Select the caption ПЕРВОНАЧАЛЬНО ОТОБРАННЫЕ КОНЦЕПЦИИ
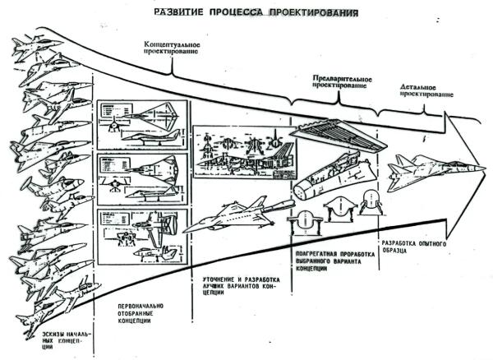(136, 316)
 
